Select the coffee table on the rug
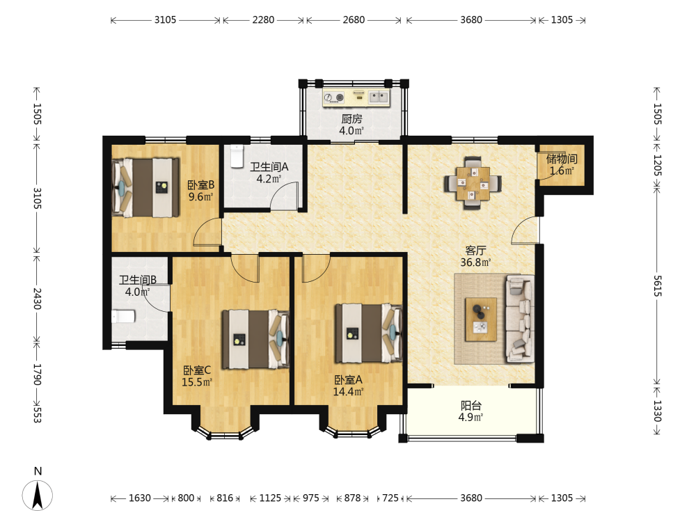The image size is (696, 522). point(481,319)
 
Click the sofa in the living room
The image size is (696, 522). point(520,318)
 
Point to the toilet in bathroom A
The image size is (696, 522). point(237,156)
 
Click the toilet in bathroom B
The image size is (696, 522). point(123,317)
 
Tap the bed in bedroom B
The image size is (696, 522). point(145,187)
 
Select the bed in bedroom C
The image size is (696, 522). point(255,339)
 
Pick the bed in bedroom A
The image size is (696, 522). point(368,333)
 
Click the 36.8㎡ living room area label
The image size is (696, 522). point(475,262)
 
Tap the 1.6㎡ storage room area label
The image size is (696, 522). point(562,171)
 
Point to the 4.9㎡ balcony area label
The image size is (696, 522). point(470,417)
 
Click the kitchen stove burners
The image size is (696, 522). point(334,97)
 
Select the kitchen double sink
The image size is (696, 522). point(379,97)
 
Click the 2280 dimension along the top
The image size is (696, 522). point(263,20)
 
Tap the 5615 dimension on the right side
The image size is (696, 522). point(658,286)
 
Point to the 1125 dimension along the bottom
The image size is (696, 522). point(270,498)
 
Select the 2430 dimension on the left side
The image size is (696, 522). point(38,299)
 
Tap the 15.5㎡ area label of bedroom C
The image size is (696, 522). point(197,382)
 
